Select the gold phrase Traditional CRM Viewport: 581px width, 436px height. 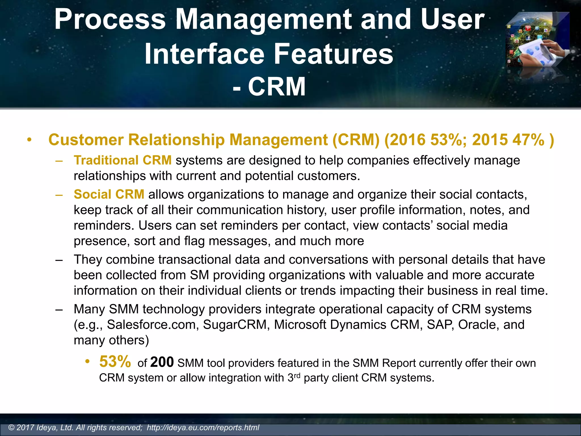123,160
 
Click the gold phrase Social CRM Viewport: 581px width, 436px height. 109,194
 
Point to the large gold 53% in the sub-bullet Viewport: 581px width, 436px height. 115,362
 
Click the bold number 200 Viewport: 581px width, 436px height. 162,362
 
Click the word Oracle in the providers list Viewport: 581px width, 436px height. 478,325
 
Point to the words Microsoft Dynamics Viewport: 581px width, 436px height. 330,325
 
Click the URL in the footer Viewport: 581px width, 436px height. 203,427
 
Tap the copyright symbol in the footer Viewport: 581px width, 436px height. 12,427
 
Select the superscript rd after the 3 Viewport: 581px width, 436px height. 297,376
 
